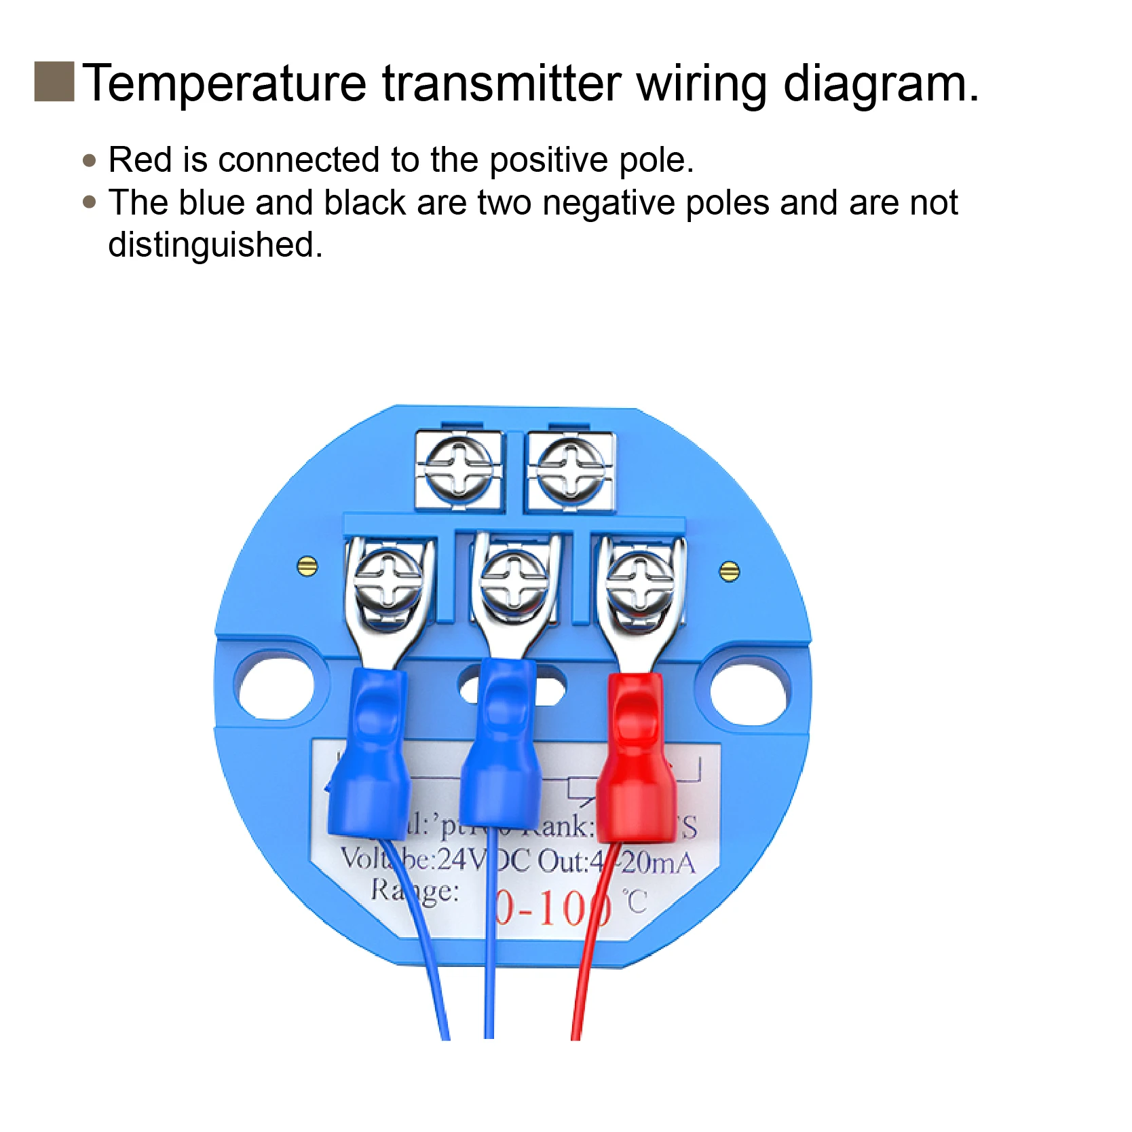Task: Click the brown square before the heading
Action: pos(54,81)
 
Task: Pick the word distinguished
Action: pos(214,245)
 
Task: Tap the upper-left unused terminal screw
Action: pos(459,468)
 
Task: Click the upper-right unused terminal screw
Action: pos(570,468)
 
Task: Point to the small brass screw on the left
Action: pos(307,565)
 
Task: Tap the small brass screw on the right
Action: pos(729,572)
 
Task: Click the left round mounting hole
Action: pos(274,686)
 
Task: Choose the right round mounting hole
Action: pos(751,691)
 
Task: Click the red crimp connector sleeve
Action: pos(636,761)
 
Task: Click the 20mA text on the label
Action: pos(657,863)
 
